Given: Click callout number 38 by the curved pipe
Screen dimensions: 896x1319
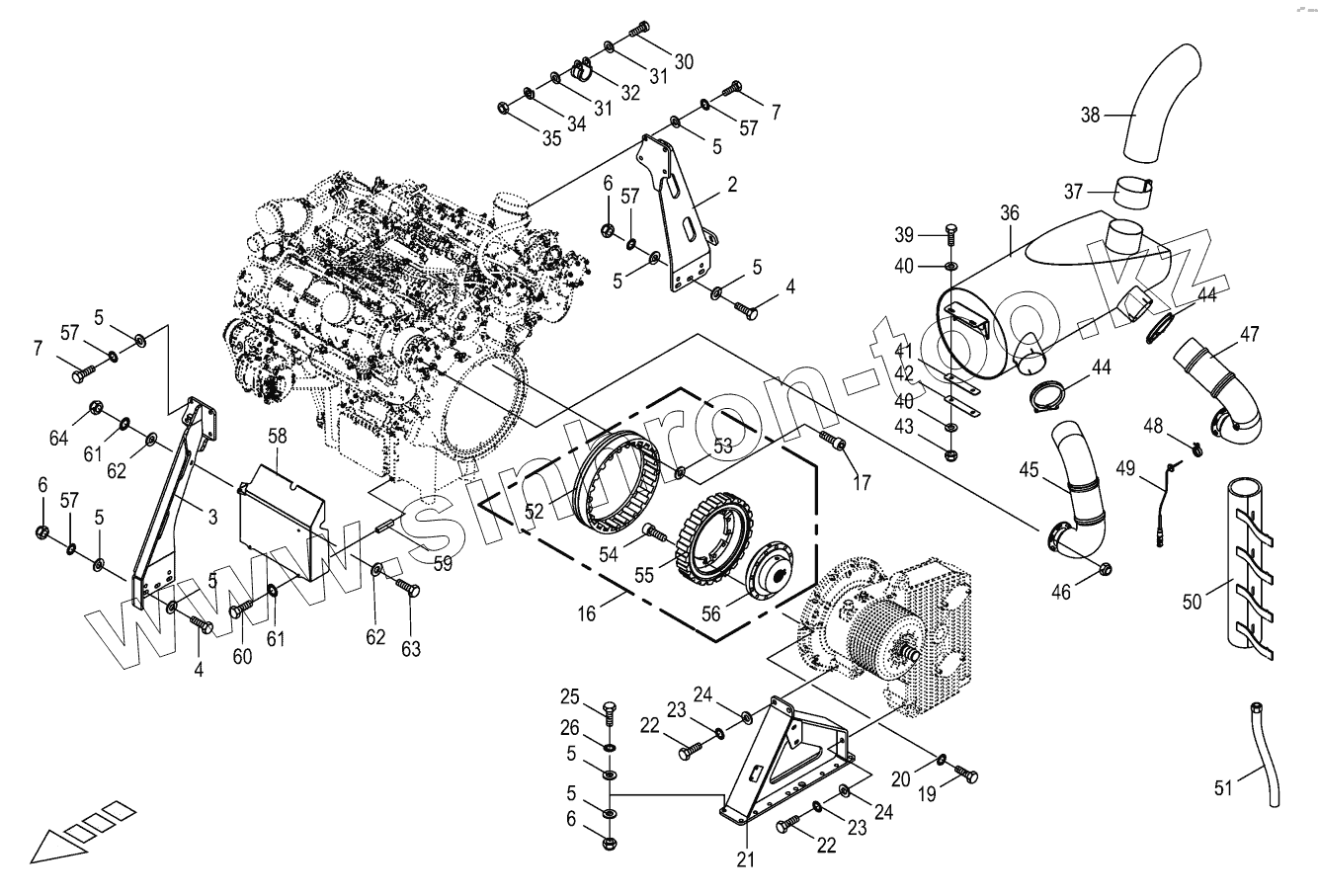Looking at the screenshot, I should [x=1090, y=115].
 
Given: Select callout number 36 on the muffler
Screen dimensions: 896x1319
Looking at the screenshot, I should [x=1009, y=212].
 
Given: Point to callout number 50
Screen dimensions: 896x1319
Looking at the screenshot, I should [x=1193, y=601].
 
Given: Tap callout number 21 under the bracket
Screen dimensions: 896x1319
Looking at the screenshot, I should [x=745, y=860].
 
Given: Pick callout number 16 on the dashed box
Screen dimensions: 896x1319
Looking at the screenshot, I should [x=587, y=612].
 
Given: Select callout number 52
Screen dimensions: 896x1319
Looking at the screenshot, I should [x=535, y=512].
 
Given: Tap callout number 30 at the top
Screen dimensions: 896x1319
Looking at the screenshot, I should [x=684, y=60].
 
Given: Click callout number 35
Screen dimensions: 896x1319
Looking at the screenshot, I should [x=551, y=137].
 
